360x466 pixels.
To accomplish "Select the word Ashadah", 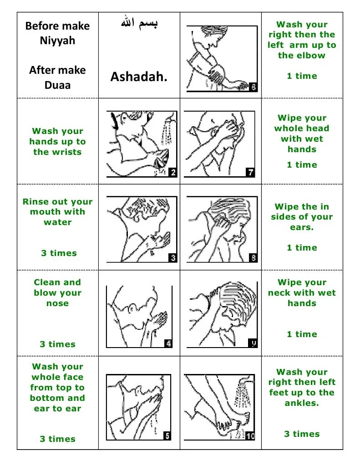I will coord(139,77).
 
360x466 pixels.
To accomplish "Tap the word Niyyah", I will coord(57,41).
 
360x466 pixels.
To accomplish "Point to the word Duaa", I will coord(57,85).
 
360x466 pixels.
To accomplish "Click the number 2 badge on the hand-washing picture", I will coord(172,172).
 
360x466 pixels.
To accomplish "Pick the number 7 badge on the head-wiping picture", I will coord(250,172).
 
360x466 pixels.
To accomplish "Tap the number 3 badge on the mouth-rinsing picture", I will coord(172,258).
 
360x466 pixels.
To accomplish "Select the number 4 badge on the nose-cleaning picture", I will coord(168,343).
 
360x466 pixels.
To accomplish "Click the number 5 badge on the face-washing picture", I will coord(167,436).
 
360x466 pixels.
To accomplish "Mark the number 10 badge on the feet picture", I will coord(250,436).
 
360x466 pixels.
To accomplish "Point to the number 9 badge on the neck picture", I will coord(253,343).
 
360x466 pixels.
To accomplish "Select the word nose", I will coord(57,303).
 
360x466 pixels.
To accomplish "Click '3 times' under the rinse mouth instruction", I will coord(59,253).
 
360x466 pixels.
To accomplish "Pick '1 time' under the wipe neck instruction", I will coord(302,334).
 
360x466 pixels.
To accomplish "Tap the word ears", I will coord(302,227).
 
